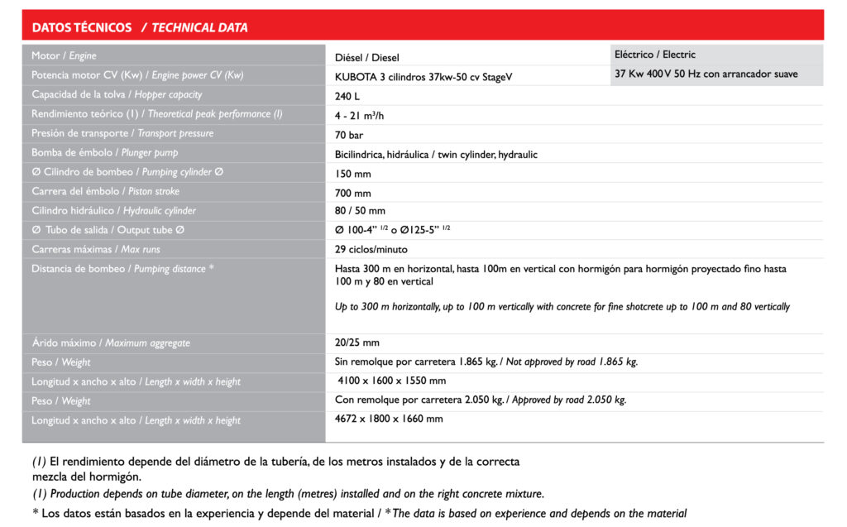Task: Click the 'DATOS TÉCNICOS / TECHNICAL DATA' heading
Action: [140, 27]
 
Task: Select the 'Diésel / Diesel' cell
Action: [367, 58]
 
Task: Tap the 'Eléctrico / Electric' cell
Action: [655, 55]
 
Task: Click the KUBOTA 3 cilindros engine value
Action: [423, 77]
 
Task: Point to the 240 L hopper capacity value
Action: [348, 96]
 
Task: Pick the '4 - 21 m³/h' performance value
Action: [361, 115]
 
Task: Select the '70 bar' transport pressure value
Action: [350, 135]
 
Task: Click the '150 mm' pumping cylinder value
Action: [353, 174]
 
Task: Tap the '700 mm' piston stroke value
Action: [353, 194]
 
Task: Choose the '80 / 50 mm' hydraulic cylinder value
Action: [360, 211]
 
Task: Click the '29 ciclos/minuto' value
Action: [371, 249]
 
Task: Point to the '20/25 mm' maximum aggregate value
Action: [357, 343]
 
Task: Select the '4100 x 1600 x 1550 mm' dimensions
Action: [392, 381]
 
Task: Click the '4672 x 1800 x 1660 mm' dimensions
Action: [389, 419]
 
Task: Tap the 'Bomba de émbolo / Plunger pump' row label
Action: [104, 153]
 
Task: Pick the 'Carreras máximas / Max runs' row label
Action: [96, 249]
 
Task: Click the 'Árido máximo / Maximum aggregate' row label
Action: [111, 343]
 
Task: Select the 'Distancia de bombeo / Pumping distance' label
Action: [122, 269]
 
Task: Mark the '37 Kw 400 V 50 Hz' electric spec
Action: [706, 74]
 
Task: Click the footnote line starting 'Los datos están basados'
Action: [359, 514]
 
